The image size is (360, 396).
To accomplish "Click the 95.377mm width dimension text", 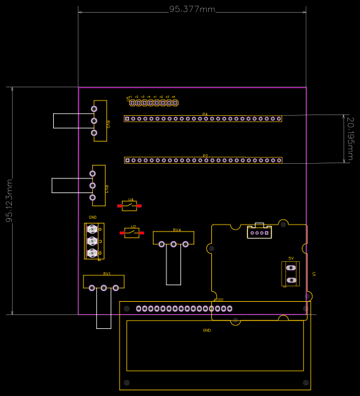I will [192, 9].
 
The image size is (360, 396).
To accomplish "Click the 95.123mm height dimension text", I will [9, 201].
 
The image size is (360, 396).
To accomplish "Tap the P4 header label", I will [205, 114].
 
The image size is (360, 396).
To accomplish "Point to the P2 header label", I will [205, 156].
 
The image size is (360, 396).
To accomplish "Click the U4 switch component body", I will [130, 206].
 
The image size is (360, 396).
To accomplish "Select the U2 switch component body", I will [132, 233].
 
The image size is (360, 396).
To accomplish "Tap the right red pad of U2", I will [144, 233].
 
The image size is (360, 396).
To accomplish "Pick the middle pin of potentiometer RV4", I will [173, 244].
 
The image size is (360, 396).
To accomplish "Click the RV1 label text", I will [107, 273].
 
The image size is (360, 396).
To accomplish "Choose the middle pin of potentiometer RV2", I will [94, 121].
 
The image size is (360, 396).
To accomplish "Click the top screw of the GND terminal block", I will [92, 229].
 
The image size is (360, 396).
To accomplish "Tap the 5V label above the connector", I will [291, 258].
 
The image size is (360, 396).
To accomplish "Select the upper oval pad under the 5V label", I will [291, 268].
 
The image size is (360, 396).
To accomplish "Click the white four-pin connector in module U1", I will [259, 232].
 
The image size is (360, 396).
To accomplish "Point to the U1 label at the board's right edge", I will [314, 274].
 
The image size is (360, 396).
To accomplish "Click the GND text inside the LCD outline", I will [206, 330].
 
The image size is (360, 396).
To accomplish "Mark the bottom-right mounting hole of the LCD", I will [306, 383].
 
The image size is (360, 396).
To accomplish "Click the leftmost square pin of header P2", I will [127, 160].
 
